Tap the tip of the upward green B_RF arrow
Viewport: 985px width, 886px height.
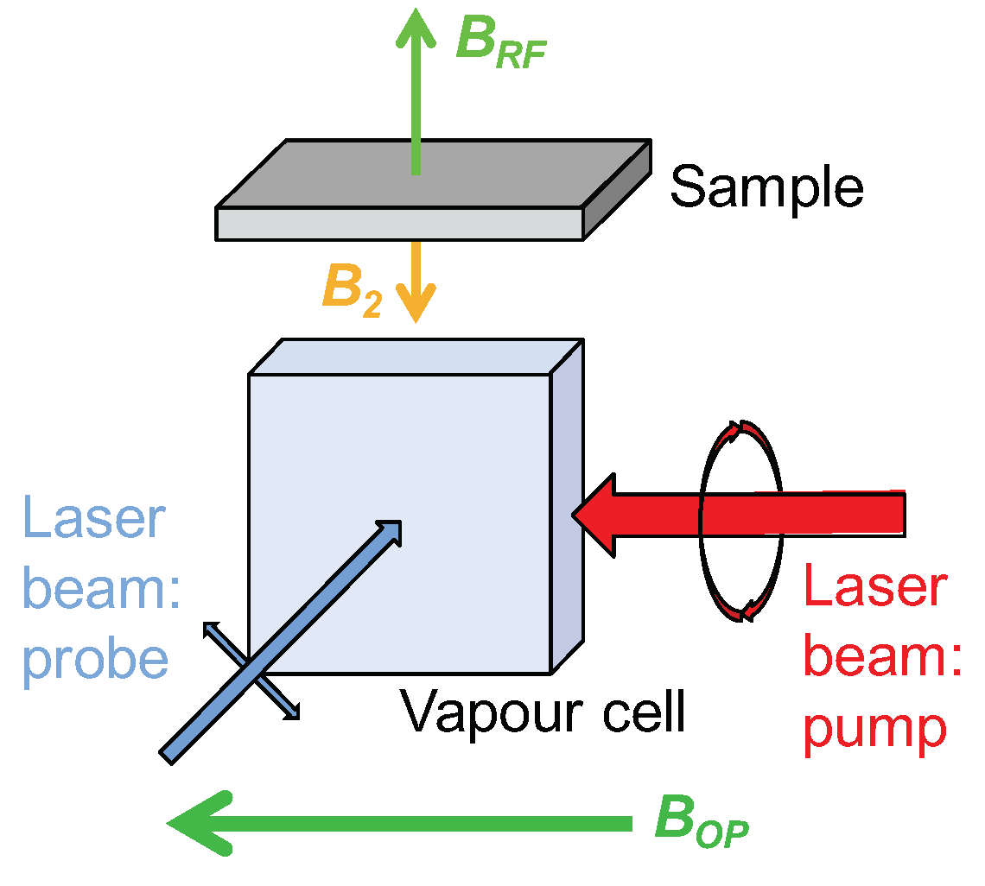tap(416, 12)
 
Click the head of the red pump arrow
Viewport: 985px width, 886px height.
tap(596, 515)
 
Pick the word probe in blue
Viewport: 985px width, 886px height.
tap(95, 660)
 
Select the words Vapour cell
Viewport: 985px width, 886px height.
tap(543, 712)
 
